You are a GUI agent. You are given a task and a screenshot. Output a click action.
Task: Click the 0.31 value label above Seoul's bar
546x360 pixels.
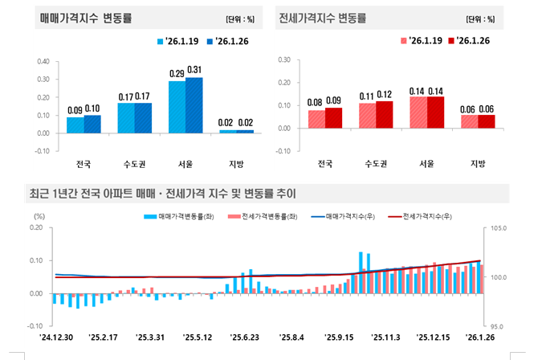pyautogui.click(x=194, y=70)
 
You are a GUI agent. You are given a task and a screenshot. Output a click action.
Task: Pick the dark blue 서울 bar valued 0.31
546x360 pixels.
pyautogui.click(x=194, y=104)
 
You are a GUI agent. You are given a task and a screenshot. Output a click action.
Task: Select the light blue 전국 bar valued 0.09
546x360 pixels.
pyautogui.click(x=75, y=125)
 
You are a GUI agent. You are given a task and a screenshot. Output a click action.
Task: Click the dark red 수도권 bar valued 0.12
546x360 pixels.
pyautogui.click(x=385, y=114)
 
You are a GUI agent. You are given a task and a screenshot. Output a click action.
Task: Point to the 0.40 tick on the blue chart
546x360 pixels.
pyautogui.click(x=43, y=61)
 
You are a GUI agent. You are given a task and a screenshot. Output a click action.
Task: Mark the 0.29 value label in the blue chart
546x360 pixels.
pyautogui.click(x=177, y=73)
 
